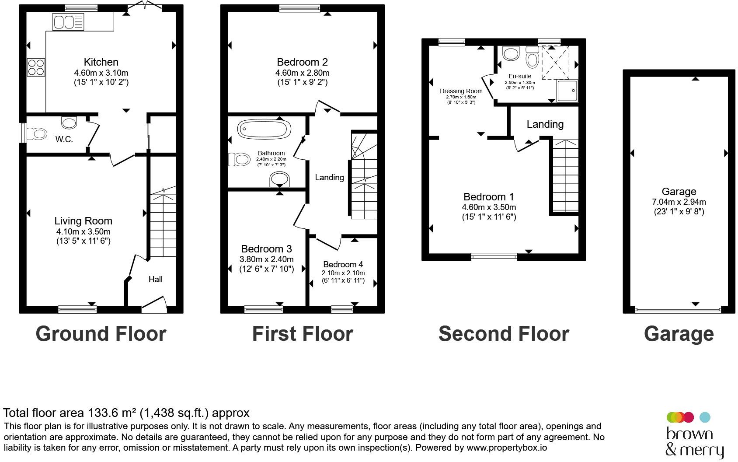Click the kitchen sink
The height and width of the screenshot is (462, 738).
coord(68,22)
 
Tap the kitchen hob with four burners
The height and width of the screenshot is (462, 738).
coord(36,67)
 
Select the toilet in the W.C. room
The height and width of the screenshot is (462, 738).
coord(36,134)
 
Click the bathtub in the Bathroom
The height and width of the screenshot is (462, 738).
coord(264,129)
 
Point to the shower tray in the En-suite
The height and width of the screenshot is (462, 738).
coord(567,91)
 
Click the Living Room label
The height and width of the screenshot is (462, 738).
coord(84,220)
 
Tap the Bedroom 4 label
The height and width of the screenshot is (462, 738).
coord(343,264)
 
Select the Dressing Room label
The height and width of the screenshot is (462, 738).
coord(461,91)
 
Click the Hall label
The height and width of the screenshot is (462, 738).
coord(156,279)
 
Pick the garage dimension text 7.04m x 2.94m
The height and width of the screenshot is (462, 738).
coord(679,202)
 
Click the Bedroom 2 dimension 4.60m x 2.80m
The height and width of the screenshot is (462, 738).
coord(303,73)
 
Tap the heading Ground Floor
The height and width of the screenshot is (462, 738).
coord(101,334)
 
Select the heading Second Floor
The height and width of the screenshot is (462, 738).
coord(504,334)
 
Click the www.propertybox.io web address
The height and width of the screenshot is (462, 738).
coord(507,448)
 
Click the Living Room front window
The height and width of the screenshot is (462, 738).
coord(77,309)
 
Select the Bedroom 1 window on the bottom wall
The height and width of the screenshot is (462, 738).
coord(494,257)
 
